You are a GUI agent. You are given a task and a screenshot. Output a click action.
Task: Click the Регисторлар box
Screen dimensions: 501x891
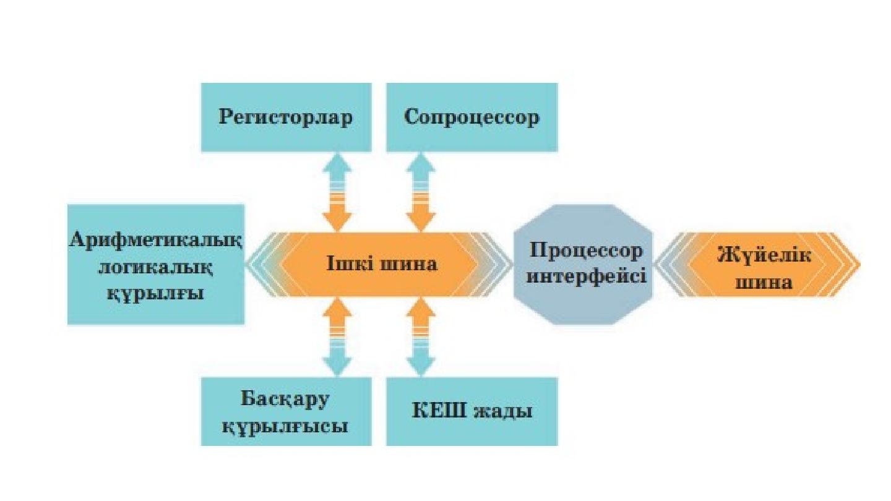coord(286,118)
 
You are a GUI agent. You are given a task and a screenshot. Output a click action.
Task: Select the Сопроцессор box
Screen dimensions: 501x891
coord(471,118)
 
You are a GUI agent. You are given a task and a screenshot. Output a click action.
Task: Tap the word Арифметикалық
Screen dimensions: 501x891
coord(155,239)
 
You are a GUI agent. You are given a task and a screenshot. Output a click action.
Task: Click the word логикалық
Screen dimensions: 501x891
coord(155,267)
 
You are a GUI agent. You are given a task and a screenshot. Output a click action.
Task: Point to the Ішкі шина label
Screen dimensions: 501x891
coord(382,264)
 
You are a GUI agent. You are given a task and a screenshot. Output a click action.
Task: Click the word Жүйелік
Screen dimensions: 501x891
coord(764,254)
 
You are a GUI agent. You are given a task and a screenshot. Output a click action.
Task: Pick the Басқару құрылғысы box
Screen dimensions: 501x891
coord(286,411)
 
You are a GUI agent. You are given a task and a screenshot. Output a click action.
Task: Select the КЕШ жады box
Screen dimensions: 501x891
coord(471,411)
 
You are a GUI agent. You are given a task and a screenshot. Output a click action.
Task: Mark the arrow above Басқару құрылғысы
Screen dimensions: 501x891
coord(337,337)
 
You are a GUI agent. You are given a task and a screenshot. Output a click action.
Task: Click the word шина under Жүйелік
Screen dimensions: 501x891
coord(764,282)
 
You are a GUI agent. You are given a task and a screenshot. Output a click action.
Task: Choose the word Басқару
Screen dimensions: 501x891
coord(286,398)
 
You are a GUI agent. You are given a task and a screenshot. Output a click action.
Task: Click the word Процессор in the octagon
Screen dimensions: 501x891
coord(586,252)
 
